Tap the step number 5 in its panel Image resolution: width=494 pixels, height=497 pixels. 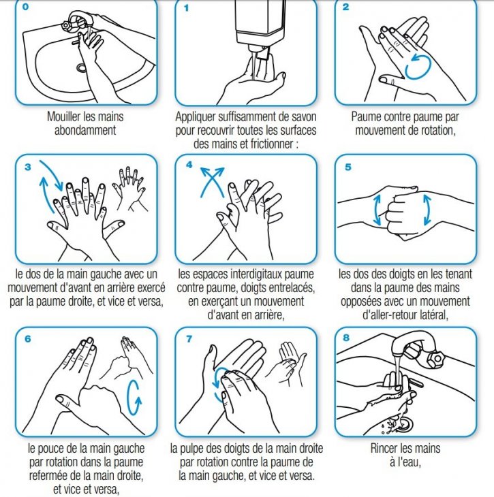point(348,167)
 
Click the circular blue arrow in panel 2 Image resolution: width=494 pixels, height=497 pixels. point(417,67)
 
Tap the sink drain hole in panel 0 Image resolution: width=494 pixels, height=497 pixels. point(82,67)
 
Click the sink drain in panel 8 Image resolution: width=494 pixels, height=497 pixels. point(404,423)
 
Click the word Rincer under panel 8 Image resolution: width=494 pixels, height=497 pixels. point(386,449)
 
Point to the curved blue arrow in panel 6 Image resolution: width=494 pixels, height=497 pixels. point(136,396)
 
